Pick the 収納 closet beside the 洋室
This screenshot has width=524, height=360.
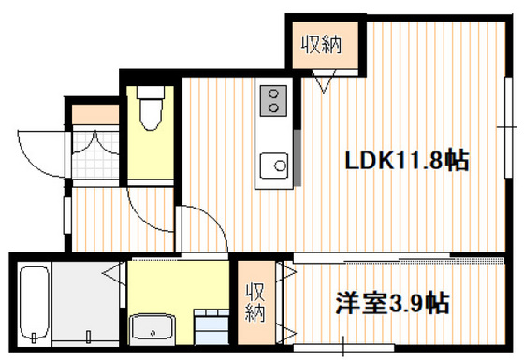pos(255,301)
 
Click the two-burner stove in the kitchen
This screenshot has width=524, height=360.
pos(273,100)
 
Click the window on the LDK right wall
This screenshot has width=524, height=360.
pos(511,122)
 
